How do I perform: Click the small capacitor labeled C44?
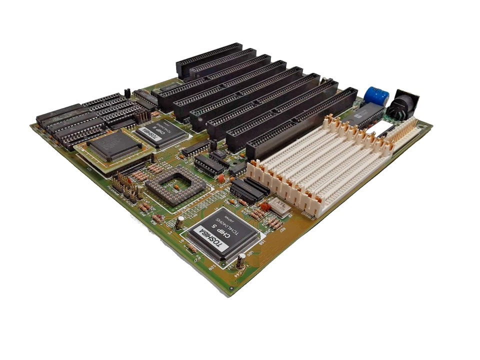241,261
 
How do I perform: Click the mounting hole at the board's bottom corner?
231,288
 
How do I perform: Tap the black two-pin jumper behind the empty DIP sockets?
127,92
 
